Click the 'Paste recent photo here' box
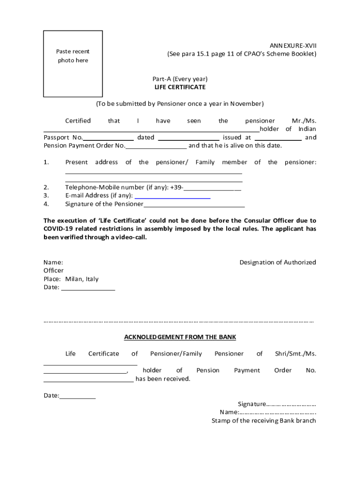click(73, 64)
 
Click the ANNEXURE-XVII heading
click(293, 45)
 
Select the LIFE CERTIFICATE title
click(180, 87)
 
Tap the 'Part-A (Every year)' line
click(180, 79)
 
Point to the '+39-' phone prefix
click(177, 188)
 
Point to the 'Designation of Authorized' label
click(278, 262)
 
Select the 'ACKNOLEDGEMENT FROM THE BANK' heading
click(180, 337)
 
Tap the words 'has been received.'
click(163, 379)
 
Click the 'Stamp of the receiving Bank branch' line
click(264, 421)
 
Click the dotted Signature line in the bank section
click(291, 404)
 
